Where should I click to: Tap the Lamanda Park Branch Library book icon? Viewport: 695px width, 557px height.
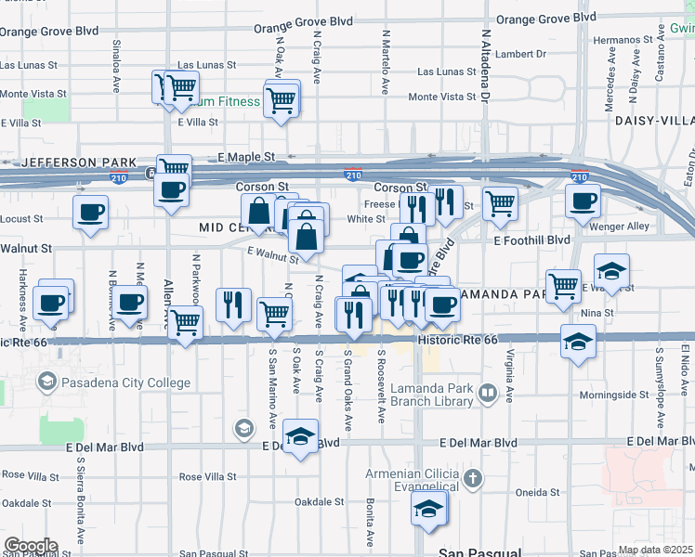[487, 395]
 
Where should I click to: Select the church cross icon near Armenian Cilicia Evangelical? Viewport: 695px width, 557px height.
[473, 480]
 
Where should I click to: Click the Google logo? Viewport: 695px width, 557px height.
[31, 546]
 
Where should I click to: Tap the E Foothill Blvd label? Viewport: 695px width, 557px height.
[531, 240]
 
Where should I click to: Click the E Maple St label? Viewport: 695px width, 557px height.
[247, 158]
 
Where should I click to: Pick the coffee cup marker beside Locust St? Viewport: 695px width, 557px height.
[90, 213]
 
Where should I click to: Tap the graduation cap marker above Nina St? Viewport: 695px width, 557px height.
[611, 271]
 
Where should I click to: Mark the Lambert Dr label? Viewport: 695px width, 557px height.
[519, 54]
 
